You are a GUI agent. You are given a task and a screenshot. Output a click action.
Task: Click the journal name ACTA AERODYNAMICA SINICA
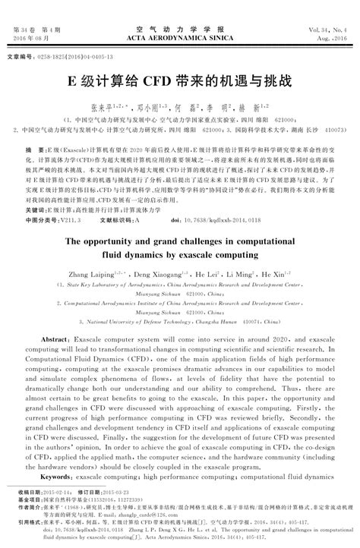(180, 36)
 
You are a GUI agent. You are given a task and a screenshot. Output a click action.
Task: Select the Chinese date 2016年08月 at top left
(32, 36)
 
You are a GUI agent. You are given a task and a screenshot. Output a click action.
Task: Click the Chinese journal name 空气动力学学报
(180, 27)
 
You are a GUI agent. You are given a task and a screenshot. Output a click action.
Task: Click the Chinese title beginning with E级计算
(179, 80)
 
